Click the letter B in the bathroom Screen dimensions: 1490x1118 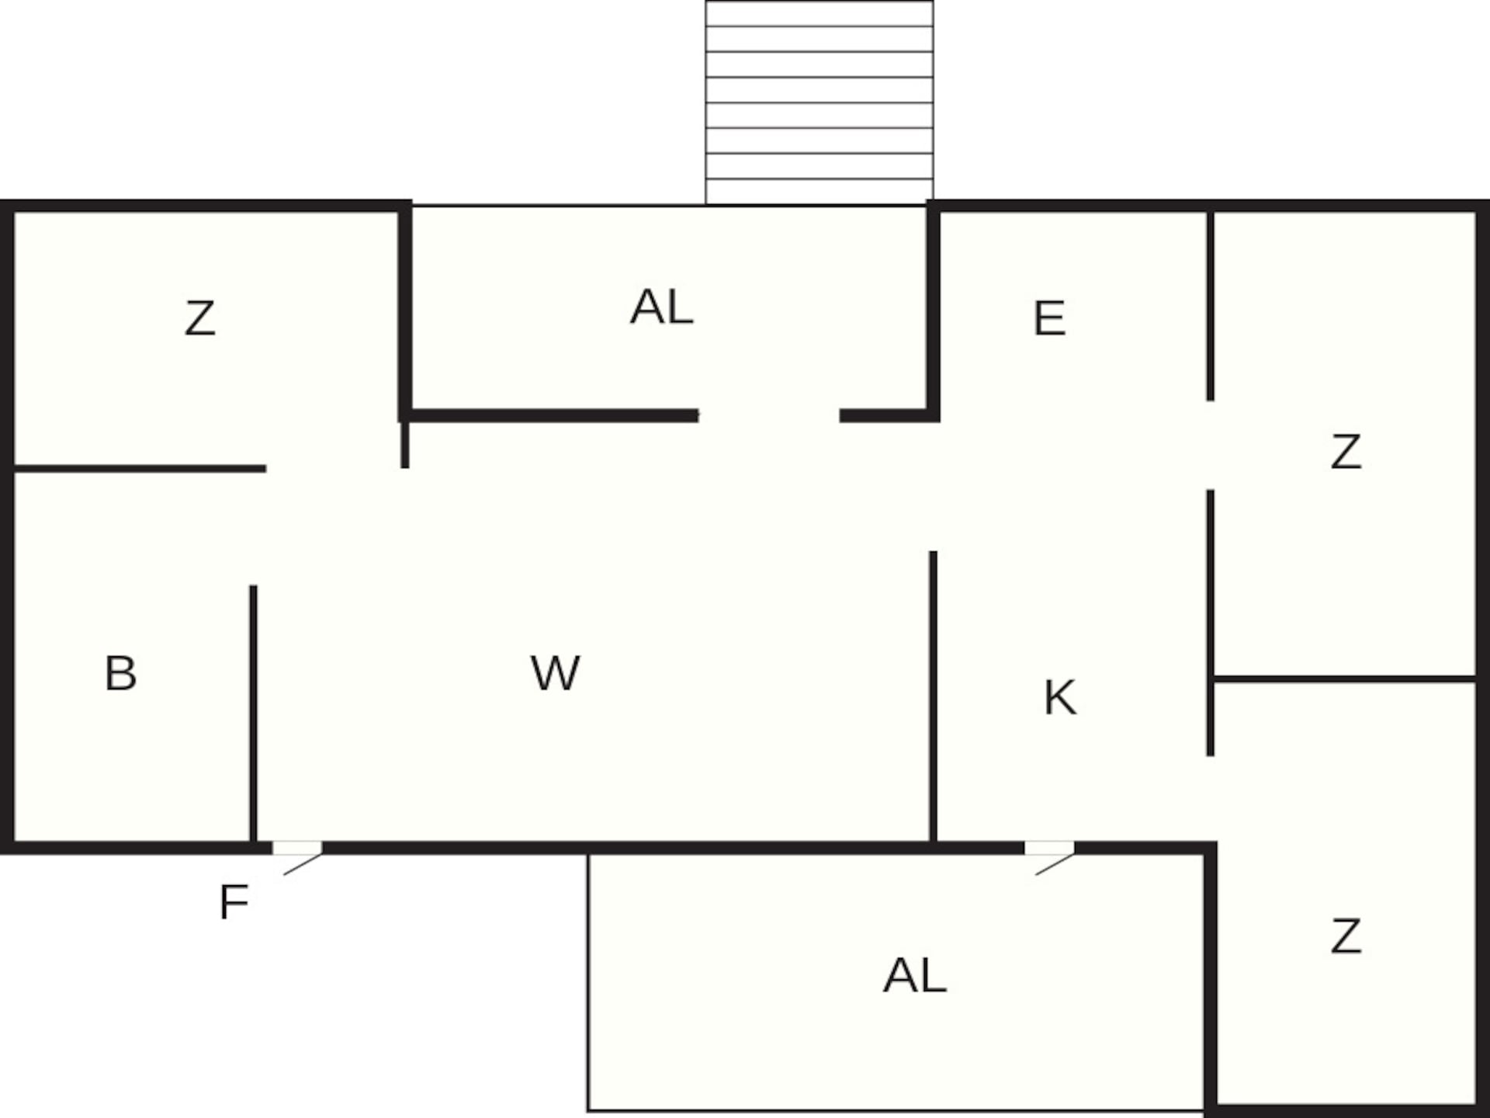pos(120,673)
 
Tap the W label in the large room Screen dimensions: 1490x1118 pos(555,673)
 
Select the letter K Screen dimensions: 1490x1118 pos(1060,697)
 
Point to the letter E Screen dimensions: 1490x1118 pos(1049,318)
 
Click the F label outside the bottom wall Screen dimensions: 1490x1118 pos(234,902)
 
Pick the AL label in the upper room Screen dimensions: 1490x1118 pos(661,307)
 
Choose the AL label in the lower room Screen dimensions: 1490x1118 pos(915,976)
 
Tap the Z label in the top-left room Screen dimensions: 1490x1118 pos(199,318)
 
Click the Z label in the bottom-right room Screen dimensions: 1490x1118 pos(1346,936)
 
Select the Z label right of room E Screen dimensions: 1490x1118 pos(1346,452)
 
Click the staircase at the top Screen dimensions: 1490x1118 pos(819,102)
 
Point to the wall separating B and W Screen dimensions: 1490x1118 pos(253,713)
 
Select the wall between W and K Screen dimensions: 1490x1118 pos(933,696)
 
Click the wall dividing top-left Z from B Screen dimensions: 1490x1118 pos(140,469)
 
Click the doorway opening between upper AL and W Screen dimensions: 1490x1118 pos(769,416)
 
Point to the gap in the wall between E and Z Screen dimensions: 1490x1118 pos(1210,446)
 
